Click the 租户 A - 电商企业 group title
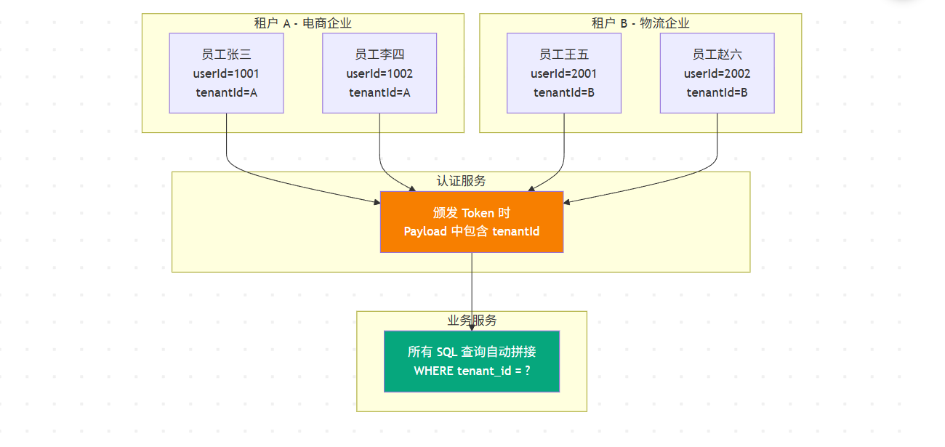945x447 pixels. pos(302,23)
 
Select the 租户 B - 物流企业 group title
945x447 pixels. pos(640,23)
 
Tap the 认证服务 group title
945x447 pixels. pos(461,181)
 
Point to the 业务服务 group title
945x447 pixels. pos(472,321)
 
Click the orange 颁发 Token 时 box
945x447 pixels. pos(472,222)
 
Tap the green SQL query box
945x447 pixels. pos(472,361)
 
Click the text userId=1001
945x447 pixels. pos(226,73)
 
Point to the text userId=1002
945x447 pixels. pos(379,73)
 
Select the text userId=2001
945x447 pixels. pos(564,73)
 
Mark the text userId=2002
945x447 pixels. pos(717,73)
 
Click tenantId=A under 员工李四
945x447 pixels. pos(379,92)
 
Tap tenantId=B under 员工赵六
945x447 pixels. pos(717,92)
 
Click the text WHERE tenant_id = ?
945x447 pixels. pos(472,371)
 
